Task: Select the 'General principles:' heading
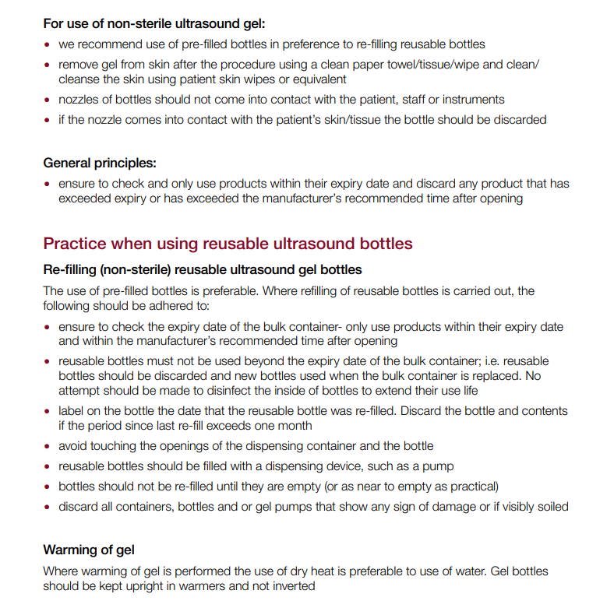100,163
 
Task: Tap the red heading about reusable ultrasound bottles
228,244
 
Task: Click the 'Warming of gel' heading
89,550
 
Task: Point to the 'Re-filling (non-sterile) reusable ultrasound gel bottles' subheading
203,269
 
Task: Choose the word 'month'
294,425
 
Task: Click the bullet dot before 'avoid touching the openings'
48,446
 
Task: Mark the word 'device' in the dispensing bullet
337,466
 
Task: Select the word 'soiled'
551,507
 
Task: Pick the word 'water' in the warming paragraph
459,571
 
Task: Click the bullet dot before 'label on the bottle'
48,411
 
